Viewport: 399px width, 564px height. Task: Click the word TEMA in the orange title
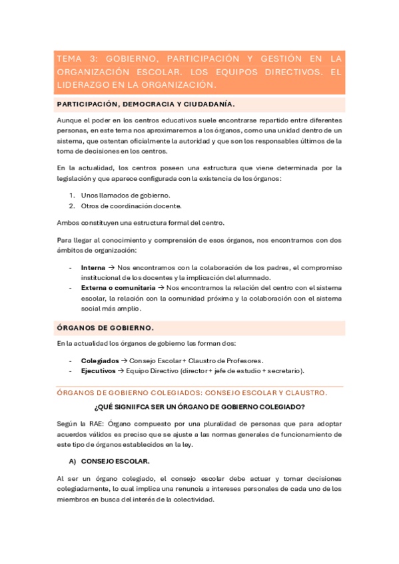(71, 59)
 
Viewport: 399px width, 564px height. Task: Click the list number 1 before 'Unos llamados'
(72, 195)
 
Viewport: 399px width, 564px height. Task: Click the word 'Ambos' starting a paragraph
(68, 222)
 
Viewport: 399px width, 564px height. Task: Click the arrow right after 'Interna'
(111, 267)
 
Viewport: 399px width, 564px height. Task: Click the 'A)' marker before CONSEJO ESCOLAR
(73, 460)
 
